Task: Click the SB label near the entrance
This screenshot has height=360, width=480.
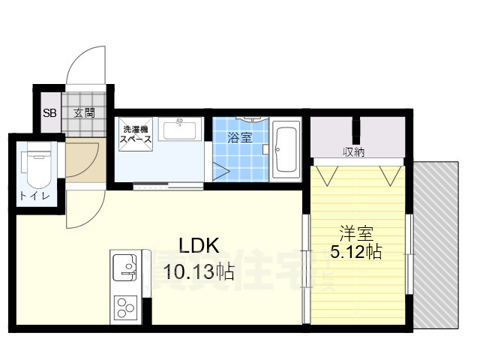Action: [49, 114]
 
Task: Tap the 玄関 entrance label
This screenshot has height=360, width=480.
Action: [84, 113]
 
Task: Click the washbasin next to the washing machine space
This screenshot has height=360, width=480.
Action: [179, 130]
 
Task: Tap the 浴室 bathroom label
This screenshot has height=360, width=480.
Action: [241, 137]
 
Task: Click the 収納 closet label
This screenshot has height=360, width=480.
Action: [355, 152]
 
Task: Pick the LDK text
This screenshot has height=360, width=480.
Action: [198, 245]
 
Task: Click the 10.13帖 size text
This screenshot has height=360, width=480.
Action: [194, 271]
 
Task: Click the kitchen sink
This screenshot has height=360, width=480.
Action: [124, 267]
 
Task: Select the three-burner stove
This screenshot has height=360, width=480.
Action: [124, 308]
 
